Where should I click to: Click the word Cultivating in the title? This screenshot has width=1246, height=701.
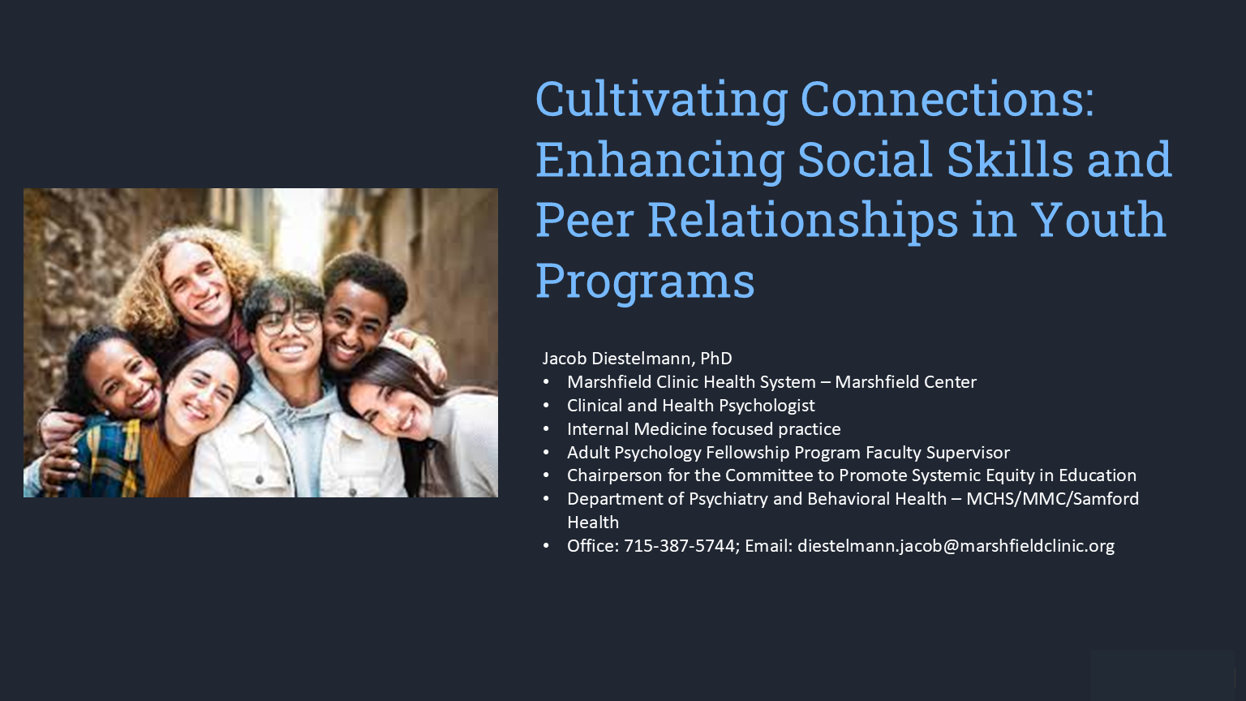[661, 99]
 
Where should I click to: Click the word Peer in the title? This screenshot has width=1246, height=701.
[585, 220]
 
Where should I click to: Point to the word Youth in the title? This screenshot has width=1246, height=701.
[1098, 220]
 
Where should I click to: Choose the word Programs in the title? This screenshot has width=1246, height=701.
[645, 281]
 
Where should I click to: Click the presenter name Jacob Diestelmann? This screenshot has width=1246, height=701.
[617, 359]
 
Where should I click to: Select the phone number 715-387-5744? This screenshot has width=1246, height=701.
[680, 546]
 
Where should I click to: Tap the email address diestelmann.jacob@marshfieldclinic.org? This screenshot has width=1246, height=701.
[956, 546]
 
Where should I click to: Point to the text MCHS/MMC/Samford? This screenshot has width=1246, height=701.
[1052, 499]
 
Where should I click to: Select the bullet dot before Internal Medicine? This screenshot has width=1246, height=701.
[546, 429]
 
